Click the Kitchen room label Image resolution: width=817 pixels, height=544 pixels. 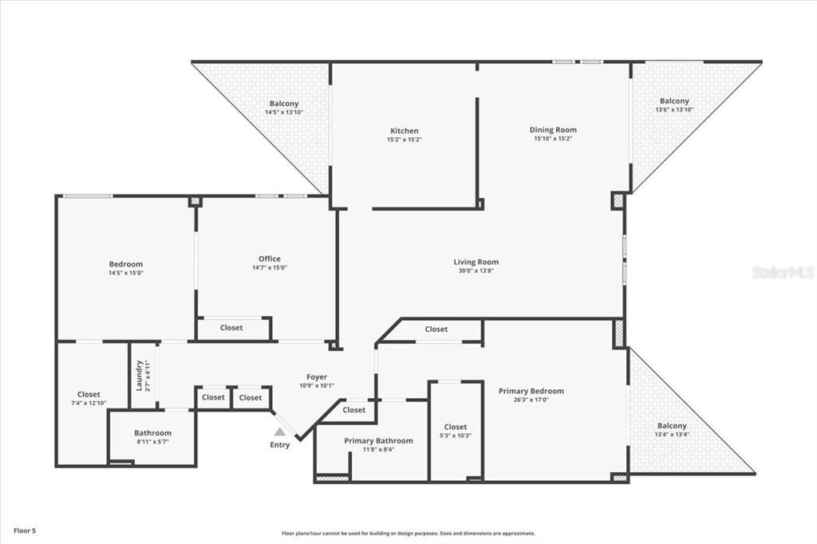tap(404, 131)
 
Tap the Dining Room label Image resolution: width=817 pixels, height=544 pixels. tap(553, 130)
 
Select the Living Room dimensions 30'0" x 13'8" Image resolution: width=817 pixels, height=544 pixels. tap(476, 271)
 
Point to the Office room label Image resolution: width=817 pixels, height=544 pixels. tap(269, 258)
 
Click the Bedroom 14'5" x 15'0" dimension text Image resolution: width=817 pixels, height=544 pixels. tap(126, 274)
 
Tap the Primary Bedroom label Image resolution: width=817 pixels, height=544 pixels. tap(531, 391)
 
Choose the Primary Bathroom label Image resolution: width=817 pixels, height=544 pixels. tap(378, 440)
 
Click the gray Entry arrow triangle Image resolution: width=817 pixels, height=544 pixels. tap(279, 431)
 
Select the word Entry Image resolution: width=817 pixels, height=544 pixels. tap(279, 445)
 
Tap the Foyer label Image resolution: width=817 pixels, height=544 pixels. tap(317, 377)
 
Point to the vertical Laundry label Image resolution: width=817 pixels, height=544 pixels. tap(139, 375)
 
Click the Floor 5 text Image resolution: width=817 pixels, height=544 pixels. tap(24, 530)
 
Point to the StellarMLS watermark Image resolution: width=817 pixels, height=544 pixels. tap(782, 272)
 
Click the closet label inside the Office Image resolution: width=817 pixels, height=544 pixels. tap(231, 328)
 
